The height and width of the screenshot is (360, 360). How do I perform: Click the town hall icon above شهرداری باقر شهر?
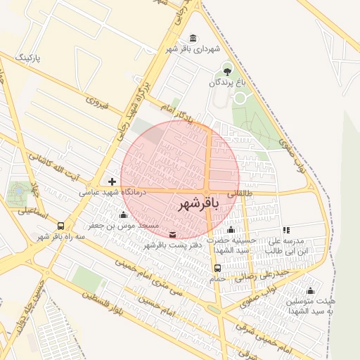193,38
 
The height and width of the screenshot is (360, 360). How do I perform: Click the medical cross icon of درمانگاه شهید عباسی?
112,181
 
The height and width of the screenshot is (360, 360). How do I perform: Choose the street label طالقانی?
240,192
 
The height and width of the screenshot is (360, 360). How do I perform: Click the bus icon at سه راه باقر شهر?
61,226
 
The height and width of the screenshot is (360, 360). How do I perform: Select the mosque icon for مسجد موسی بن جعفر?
124,215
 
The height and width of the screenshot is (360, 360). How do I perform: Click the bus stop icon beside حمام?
217,268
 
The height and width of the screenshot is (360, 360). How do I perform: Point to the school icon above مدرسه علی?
286,230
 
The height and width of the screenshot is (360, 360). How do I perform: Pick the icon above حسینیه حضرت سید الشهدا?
231,230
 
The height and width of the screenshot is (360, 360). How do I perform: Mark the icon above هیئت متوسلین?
310,290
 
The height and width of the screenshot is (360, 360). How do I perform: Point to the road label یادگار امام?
174,113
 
